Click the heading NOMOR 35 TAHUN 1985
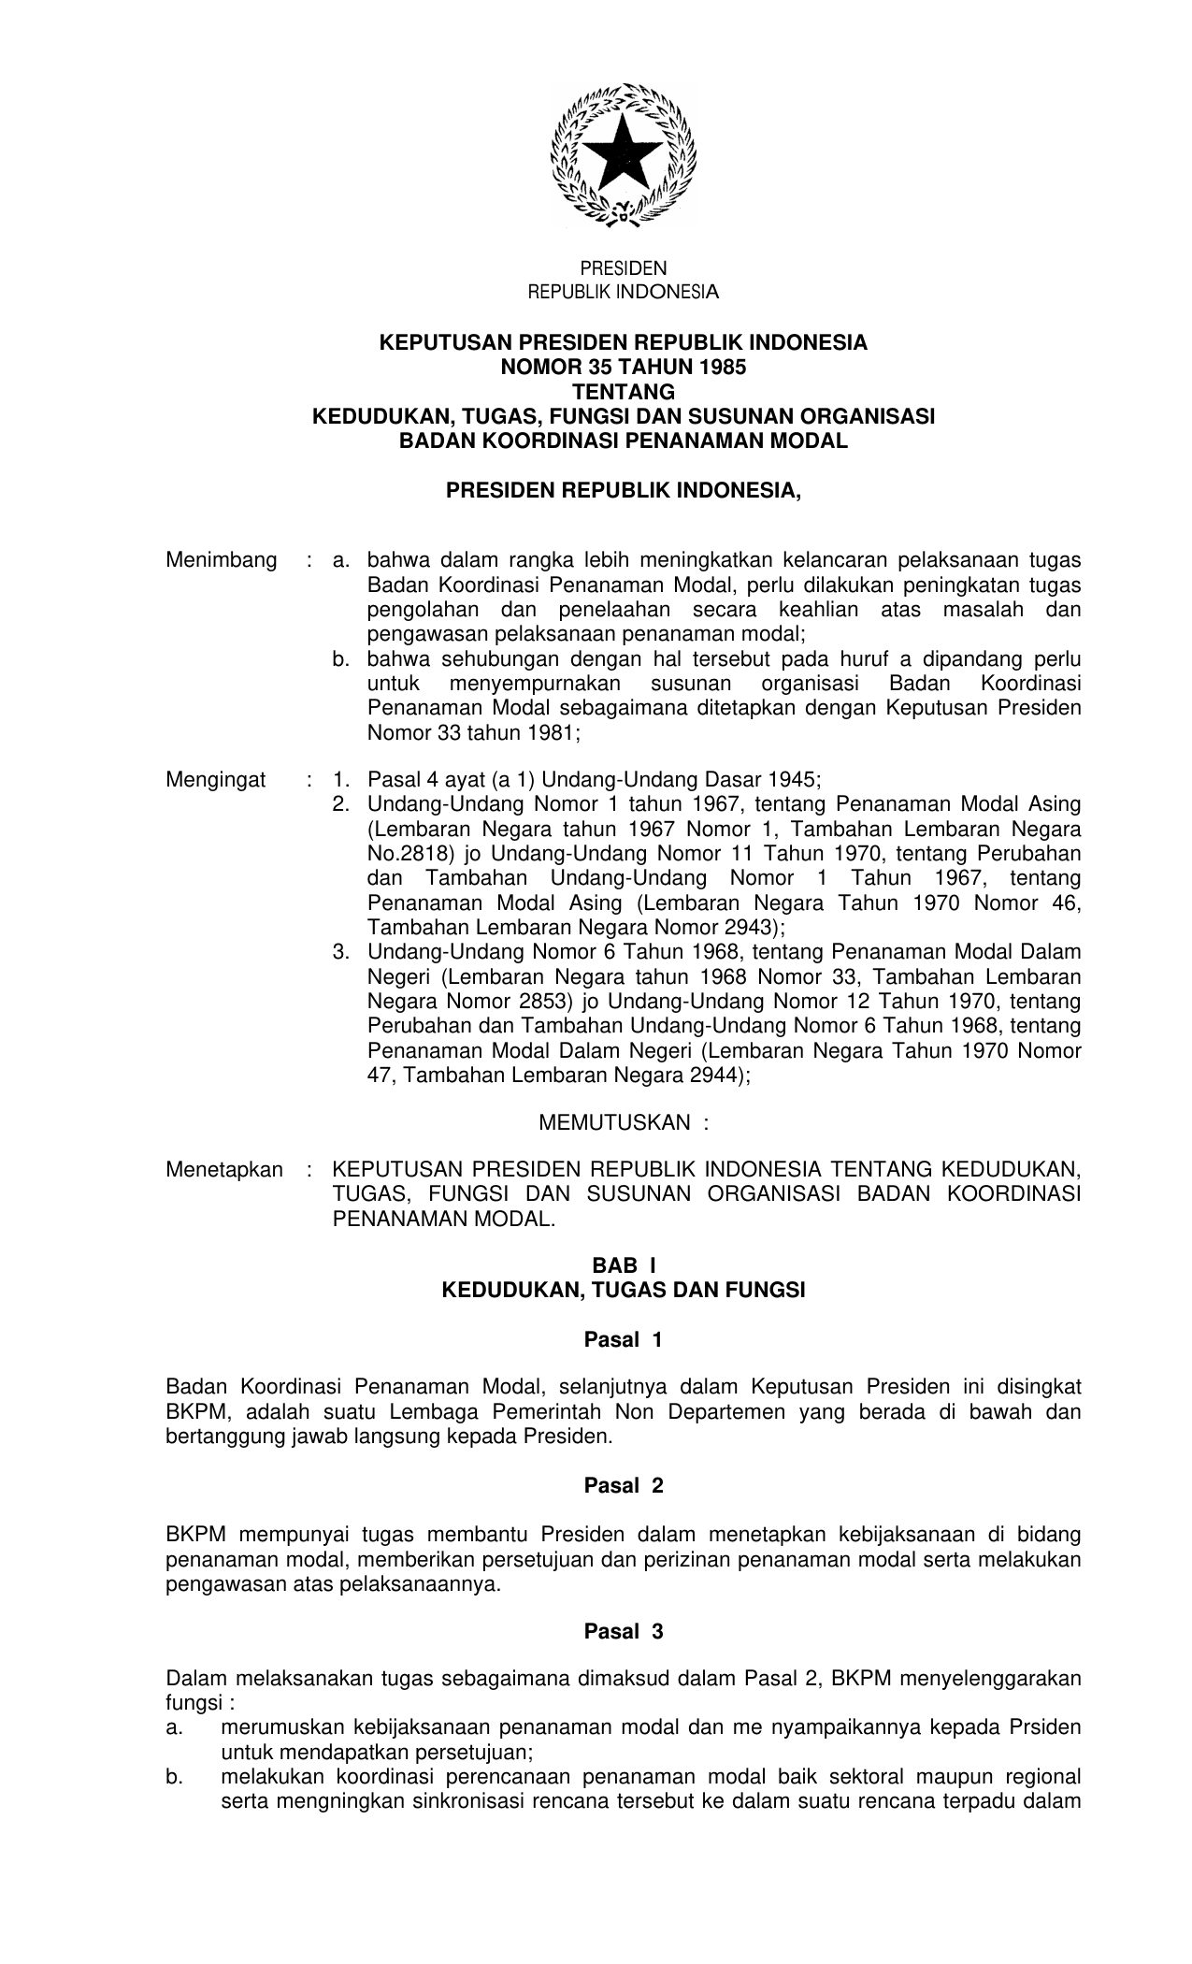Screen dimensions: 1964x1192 (624, 368)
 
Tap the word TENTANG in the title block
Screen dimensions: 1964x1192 (624, 392)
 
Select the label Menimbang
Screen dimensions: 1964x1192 (222, 560)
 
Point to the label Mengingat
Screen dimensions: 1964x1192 (216, 779)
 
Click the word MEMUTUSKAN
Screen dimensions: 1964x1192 (614, 1122)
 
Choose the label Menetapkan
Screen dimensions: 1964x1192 (224, 1170)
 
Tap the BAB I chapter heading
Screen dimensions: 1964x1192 (624, 1266)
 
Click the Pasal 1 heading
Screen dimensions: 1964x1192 (624, 1340)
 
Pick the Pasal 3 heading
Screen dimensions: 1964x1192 (624, 1632)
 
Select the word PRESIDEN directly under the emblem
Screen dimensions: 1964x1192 (624, 268)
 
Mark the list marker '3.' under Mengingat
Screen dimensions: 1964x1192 (340, 952)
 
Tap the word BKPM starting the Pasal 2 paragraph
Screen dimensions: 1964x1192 (196, 1535)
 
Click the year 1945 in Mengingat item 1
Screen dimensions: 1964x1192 (793, 779)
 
